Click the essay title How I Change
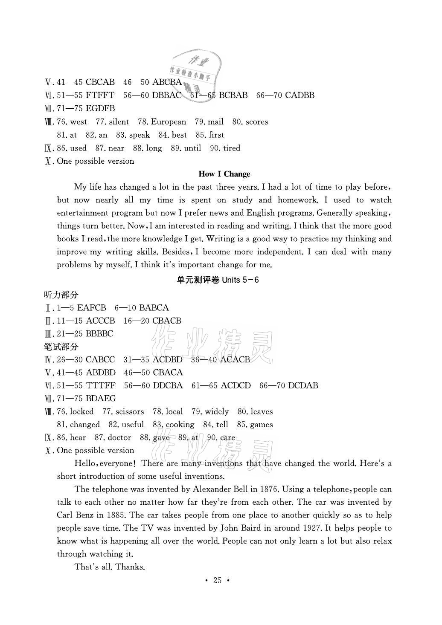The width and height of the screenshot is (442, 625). click(224, 174)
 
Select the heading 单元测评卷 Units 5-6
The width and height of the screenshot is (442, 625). click(218, 280)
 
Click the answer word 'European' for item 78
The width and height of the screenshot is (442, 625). click(169, 122)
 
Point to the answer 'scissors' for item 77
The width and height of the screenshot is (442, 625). click(130, 412)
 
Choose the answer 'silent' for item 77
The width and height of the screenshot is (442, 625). click(119, 122)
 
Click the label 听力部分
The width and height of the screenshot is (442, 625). click(61, 295)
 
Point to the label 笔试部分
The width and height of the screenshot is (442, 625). click(61, 347)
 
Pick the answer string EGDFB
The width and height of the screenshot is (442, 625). click(100, 109)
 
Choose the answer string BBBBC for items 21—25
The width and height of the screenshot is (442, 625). click(99, 334)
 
